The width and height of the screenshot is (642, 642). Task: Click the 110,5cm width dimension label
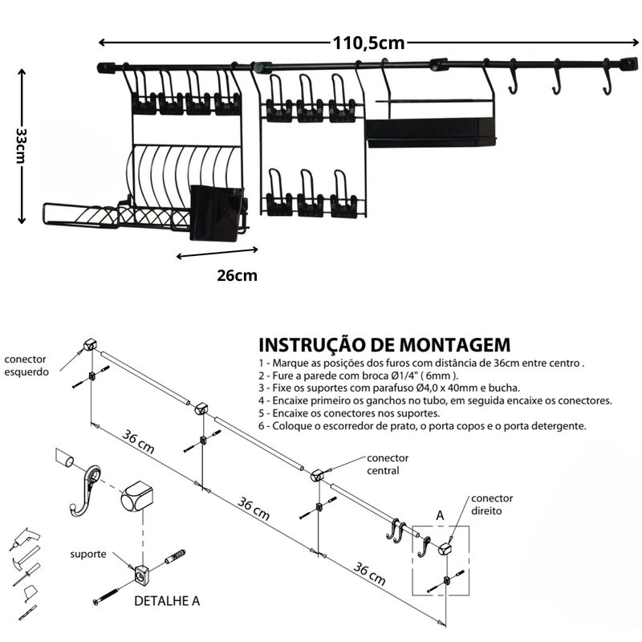pos(369,43)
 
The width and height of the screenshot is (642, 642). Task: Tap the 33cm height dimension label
pos(22,145)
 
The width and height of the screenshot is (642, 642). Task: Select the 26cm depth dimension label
pos(237,275)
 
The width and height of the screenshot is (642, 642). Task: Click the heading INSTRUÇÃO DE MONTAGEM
pos(384,345)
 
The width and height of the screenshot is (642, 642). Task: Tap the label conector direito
pos(492,504)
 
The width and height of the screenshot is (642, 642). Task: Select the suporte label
pos(88,554)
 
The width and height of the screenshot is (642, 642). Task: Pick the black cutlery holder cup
pos(216,213)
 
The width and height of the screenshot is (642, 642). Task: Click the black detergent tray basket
pos(431,132)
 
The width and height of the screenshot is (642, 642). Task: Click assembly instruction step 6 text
pos(423,425)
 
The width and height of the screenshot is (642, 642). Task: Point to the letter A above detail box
pos(439,514)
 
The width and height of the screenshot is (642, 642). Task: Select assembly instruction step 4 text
pos(435,400)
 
